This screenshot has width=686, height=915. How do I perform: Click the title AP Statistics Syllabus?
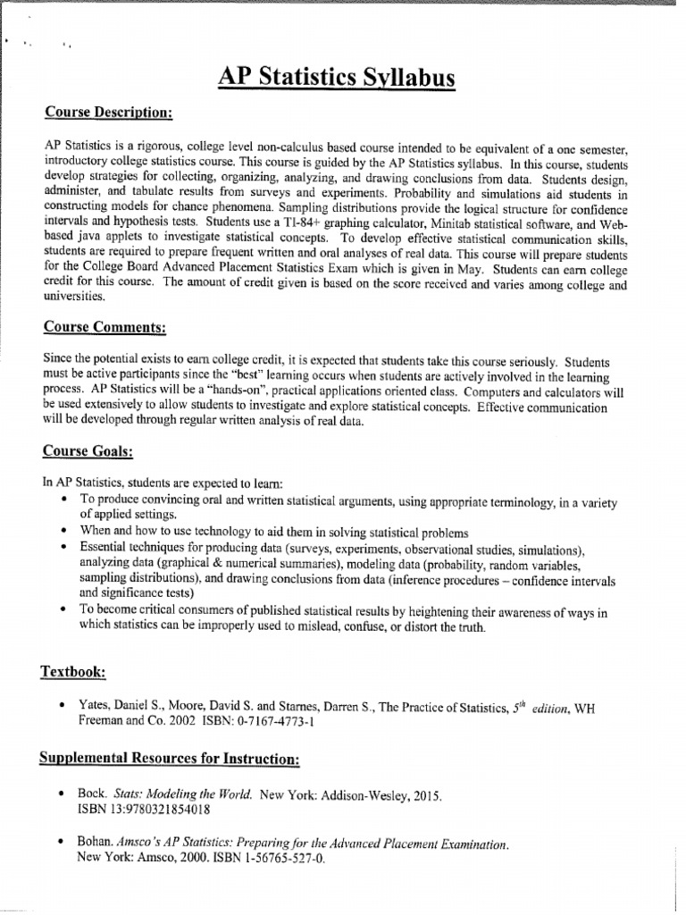[337, 79]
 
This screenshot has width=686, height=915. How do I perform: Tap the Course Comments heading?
[105, 328]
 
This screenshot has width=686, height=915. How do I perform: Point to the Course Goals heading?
[88, 452]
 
